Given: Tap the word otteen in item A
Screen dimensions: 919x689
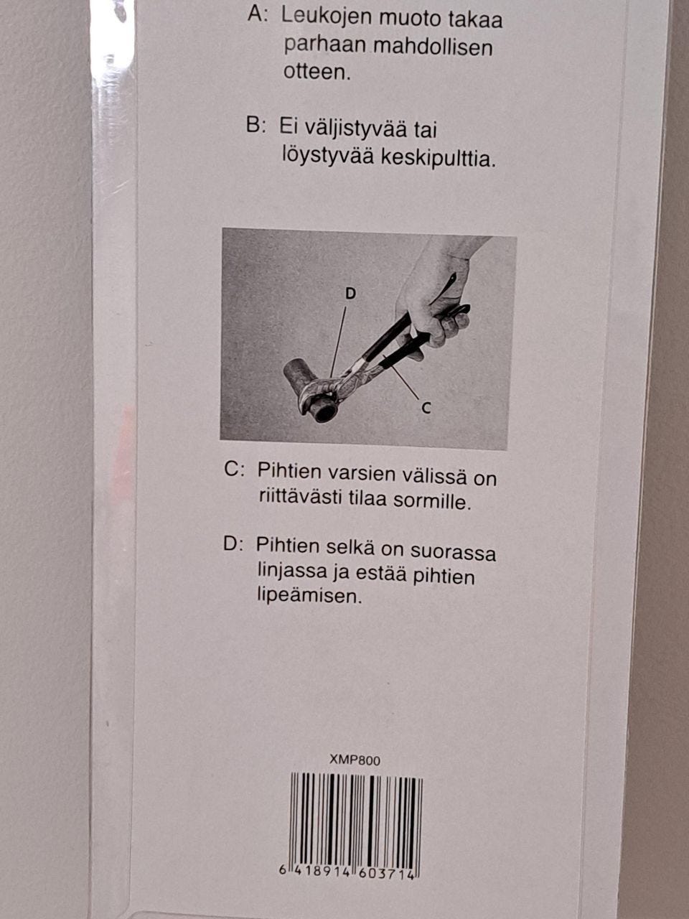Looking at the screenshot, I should coord(317,73).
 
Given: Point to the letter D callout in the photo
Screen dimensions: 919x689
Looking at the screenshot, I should coord(350,294).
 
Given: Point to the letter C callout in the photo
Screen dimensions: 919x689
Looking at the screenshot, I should coord(426,408).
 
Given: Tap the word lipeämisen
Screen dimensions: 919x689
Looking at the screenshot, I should coord(309,595).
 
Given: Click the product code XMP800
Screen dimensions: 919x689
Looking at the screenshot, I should coord(355,760).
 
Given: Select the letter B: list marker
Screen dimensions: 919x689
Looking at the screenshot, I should coord(256,126).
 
